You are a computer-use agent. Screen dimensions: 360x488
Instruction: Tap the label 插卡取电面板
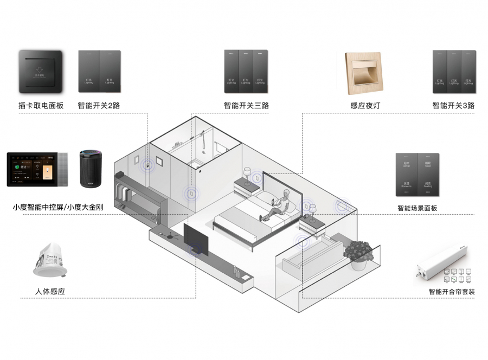tap(41, 105)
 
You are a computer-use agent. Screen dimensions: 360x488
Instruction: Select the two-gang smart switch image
tap(99, 71)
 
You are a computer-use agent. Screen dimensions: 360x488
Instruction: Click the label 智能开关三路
tap(246, 105)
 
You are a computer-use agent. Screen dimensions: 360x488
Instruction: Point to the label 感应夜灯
tap(365, 105)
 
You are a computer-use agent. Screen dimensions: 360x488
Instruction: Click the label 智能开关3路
tap(453, 105)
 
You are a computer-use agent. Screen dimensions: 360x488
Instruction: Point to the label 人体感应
tap(49, 292)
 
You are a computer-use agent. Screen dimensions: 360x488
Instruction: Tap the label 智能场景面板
tap(417, 208)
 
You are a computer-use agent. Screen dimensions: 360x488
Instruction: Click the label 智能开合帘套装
tap(451, 292)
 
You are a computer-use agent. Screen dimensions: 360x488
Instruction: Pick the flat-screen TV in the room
tap(196, 239)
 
